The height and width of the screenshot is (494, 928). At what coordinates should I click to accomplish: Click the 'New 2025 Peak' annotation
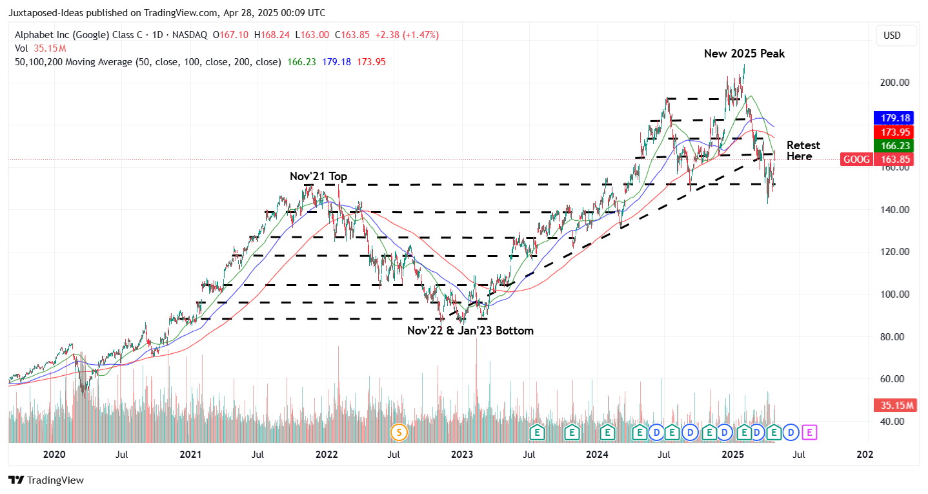tap(744, 54)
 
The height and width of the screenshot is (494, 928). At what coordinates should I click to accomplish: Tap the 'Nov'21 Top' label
tap(318, 176)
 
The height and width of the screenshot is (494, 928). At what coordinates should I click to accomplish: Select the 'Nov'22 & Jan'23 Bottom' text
tap(470, 331)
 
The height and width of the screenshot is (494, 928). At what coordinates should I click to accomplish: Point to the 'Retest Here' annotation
tap(803, 150)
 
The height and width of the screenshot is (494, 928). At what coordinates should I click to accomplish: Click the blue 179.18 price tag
tap(893, 118)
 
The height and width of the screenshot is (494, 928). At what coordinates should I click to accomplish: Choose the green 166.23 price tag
tap(893, 146)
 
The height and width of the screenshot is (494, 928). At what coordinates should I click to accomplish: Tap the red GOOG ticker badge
tap(856, 159)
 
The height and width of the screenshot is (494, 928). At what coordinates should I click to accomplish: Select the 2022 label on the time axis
tap(327, 454)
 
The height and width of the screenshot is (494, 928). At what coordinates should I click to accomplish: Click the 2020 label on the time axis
tap(54, 454)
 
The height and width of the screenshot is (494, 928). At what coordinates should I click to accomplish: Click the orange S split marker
tap(399, 432)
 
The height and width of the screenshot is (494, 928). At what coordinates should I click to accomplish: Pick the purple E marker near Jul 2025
tap(809, 432)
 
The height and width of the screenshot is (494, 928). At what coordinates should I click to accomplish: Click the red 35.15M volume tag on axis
tap(894, 406)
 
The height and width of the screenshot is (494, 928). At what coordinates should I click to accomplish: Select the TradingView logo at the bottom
tap(46, 480)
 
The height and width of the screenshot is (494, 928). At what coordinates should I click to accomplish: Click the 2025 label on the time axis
tap(733, 454)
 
